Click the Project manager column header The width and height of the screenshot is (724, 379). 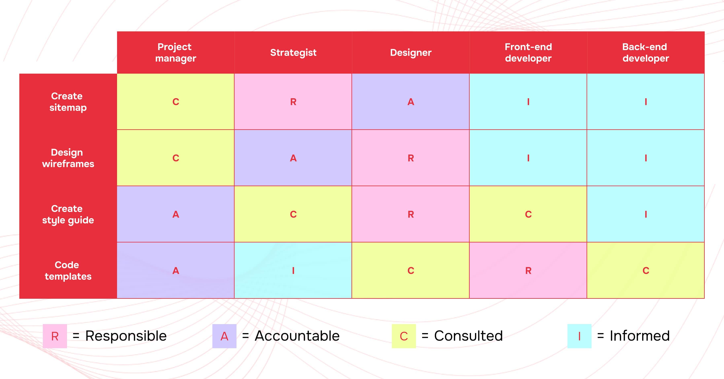click(176, 53)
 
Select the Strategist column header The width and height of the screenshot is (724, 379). click(293, 53)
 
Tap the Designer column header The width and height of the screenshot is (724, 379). click(411, 53)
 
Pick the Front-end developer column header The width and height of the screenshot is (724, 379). click(528, 53)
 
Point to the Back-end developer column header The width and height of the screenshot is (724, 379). click(646, 53)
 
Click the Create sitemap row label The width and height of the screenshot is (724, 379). click(68, 102)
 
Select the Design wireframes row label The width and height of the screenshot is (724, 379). click(68, 158)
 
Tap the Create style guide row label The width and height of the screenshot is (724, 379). click(68, 214)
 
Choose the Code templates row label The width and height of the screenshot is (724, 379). click(68, 271)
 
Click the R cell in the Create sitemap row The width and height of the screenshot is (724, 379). click(293, 102)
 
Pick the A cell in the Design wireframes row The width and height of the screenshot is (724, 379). click(293, 158)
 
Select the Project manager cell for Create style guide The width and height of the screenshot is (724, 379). click(176, 214)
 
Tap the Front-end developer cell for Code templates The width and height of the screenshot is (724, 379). click(528, 271)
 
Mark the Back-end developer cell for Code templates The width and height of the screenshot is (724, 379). click(646, 271)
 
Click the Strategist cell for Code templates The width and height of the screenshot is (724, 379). click(293, 271)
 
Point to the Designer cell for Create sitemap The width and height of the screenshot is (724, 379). click(411, 102)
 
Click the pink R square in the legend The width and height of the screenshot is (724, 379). click(55, 336)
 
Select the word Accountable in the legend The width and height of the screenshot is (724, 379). click(297, 336)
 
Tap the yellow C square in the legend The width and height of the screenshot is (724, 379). click(404, 336)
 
